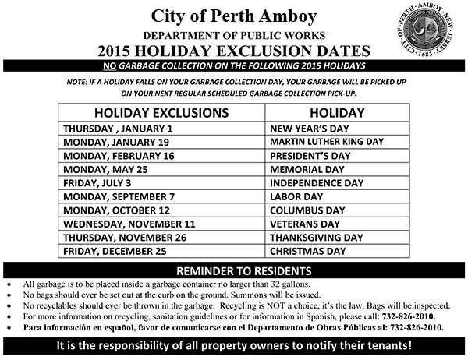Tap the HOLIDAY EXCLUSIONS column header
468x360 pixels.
[161, 112]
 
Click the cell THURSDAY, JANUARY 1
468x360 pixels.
[118, 128]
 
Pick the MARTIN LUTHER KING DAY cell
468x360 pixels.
[327, 142]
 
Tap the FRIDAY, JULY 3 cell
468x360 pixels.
[101, 183]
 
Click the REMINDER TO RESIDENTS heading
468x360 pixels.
[234, 270]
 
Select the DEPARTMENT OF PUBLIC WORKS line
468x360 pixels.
[234, 36]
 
